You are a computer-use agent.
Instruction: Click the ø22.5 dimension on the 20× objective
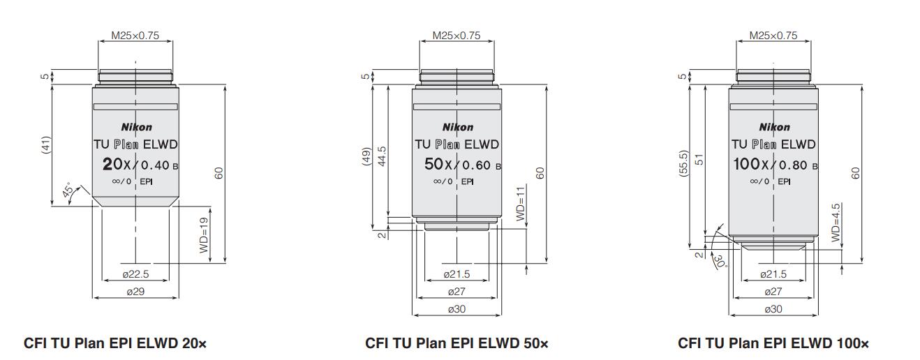[135, 274]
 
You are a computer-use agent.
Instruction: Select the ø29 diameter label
[135, 292]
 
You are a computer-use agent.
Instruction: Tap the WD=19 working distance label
[204, 235]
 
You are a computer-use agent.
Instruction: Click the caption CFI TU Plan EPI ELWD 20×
[115, 343]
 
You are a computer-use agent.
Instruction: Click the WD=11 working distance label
[520, 204]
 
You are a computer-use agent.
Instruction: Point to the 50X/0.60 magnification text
[457, 165]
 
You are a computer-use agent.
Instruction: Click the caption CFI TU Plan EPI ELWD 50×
[457, 343]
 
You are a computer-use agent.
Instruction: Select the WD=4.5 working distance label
[836, 223]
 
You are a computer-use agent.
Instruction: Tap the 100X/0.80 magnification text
[773, 165]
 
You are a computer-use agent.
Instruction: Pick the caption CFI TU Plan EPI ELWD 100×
[773, 343]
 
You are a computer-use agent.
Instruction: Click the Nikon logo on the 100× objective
[774, 127]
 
